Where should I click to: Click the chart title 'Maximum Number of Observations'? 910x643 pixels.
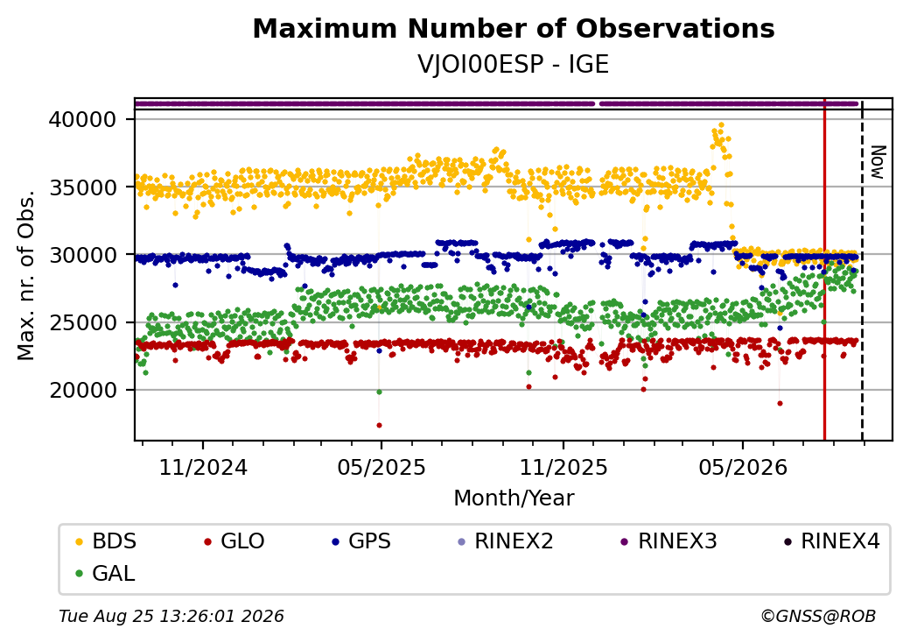coord(514,28)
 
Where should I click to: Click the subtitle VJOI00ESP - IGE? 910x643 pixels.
coord(514,64)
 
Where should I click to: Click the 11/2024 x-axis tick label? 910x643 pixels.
coord(203,468)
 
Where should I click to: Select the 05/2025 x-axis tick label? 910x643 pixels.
coord(381,468)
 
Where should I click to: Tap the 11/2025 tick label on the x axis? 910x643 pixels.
coord(563,468)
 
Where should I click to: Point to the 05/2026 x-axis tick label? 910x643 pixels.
coord(743,468)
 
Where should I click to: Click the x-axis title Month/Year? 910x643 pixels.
coord(514,498)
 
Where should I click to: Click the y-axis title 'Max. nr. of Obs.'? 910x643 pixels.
coord(26,275)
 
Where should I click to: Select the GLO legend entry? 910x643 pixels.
coord(234,541)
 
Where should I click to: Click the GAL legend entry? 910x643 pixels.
coord(106,574)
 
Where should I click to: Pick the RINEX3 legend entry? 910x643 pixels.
coord(668,541)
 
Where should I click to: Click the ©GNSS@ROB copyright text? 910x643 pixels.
coord(818,616)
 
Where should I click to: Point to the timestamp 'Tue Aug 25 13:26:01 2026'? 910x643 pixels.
coord(171,616)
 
